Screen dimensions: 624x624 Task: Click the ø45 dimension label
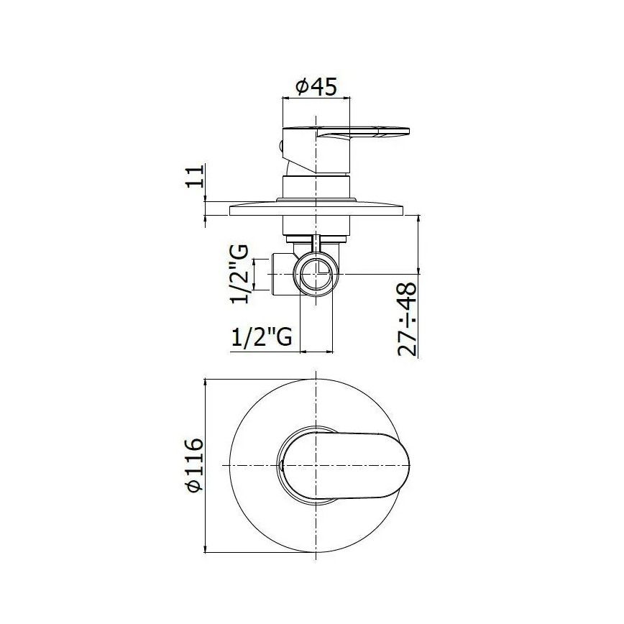[x=316, y=87]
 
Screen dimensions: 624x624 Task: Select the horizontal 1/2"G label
[x=262, y=336]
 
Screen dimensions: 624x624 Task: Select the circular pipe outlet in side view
[x=316, y=275]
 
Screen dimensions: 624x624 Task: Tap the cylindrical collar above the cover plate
[x=316, y=188]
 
